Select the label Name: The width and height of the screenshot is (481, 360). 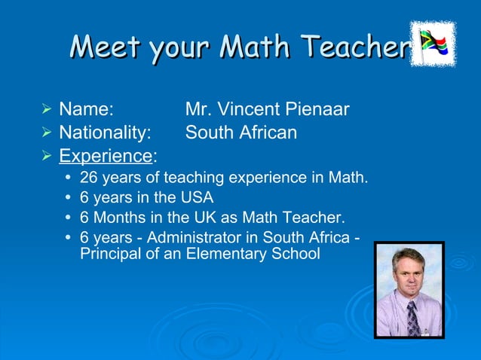(86, 110)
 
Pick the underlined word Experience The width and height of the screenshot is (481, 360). (106, 157)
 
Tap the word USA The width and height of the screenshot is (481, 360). (197, 199)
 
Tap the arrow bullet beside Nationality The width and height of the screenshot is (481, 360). (47, 133)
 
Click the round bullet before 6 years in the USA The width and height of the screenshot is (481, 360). (69, 199)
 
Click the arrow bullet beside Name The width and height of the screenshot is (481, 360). (47, 110)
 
